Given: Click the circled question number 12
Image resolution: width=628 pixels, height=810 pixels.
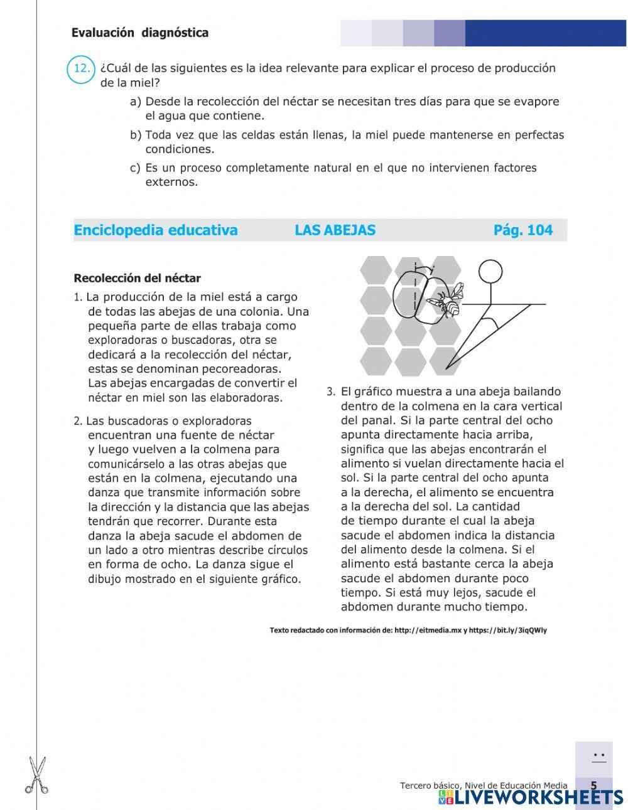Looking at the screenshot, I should click(80, 69).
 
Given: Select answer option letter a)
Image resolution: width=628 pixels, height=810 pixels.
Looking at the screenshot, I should click(135, 102).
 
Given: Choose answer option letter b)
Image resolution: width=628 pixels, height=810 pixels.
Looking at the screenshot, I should click(135, 135).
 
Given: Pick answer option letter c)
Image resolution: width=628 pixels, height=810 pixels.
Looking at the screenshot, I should click(135, 168).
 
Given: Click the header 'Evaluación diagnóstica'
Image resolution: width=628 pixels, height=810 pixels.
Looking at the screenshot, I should click(140, 33).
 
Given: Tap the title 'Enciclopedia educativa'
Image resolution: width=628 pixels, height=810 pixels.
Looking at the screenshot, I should click(156, 230).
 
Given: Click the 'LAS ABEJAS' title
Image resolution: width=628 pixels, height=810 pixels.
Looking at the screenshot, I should click(335, 230).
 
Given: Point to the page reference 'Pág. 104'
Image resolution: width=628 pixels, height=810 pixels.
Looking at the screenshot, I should click(522, 230).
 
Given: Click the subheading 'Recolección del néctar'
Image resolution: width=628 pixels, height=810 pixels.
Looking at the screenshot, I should click(137, 278).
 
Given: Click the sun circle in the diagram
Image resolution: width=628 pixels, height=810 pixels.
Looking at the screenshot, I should click(490, 271).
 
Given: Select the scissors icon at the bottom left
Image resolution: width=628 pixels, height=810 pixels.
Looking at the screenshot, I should click(36, 775).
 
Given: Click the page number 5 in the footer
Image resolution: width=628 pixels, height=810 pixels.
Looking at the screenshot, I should click(593, 786).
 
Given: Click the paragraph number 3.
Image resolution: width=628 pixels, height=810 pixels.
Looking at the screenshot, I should click(331, 392).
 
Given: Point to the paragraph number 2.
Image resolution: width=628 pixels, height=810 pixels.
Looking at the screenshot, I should click(77, 422).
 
